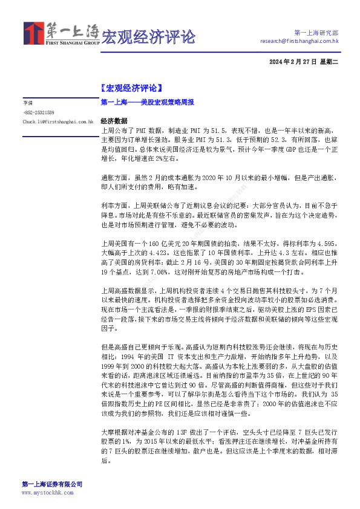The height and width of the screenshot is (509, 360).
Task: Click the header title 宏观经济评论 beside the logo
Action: (148, 37)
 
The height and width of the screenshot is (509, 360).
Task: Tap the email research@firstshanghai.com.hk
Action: (299, 41)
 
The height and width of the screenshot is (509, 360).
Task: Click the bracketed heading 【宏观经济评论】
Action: (131, 89)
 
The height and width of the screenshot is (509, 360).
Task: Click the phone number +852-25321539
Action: (39, 112)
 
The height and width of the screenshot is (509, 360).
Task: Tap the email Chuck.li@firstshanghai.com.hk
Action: (57, 122)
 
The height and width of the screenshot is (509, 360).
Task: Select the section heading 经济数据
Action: (114, 121)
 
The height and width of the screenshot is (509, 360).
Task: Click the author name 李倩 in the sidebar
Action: (28, 103)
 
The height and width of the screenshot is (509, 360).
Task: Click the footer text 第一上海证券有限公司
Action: (52, 484)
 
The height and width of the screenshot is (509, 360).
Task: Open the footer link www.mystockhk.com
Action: (47, 493)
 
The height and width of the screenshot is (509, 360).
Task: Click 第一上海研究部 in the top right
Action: (316, 32)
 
